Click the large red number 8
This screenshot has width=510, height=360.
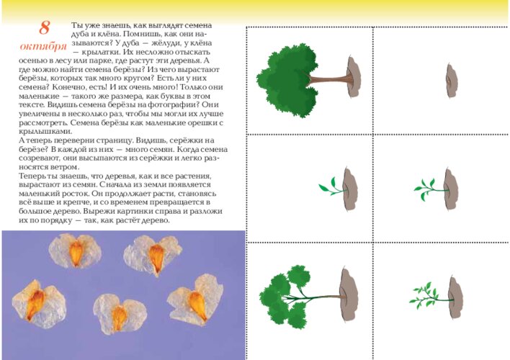[44, 27]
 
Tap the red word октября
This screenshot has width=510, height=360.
[43, 46]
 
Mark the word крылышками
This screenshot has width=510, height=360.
[45, 132]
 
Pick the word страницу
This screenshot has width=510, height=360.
[114, 141]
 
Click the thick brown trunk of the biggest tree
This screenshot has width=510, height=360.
[329, 79]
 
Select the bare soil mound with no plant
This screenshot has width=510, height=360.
[452, 81]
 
